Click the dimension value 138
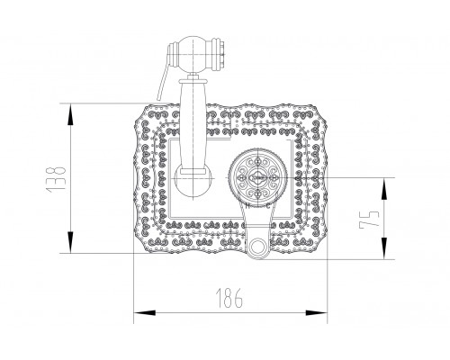tap(56, 179)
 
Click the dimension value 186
tap(229, 299)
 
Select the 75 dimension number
tap(369, 219)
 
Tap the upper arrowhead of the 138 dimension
tap(70, 114)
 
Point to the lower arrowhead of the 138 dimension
tap(70, 242)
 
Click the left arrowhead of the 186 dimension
tap(145, 312)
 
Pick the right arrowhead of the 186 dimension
tap(316, 312)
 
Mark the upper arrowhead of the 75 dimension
tap(384, 189)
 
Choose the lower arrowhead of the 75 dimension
tap(384, 248)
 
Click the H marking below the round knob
tap(247, 206)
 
